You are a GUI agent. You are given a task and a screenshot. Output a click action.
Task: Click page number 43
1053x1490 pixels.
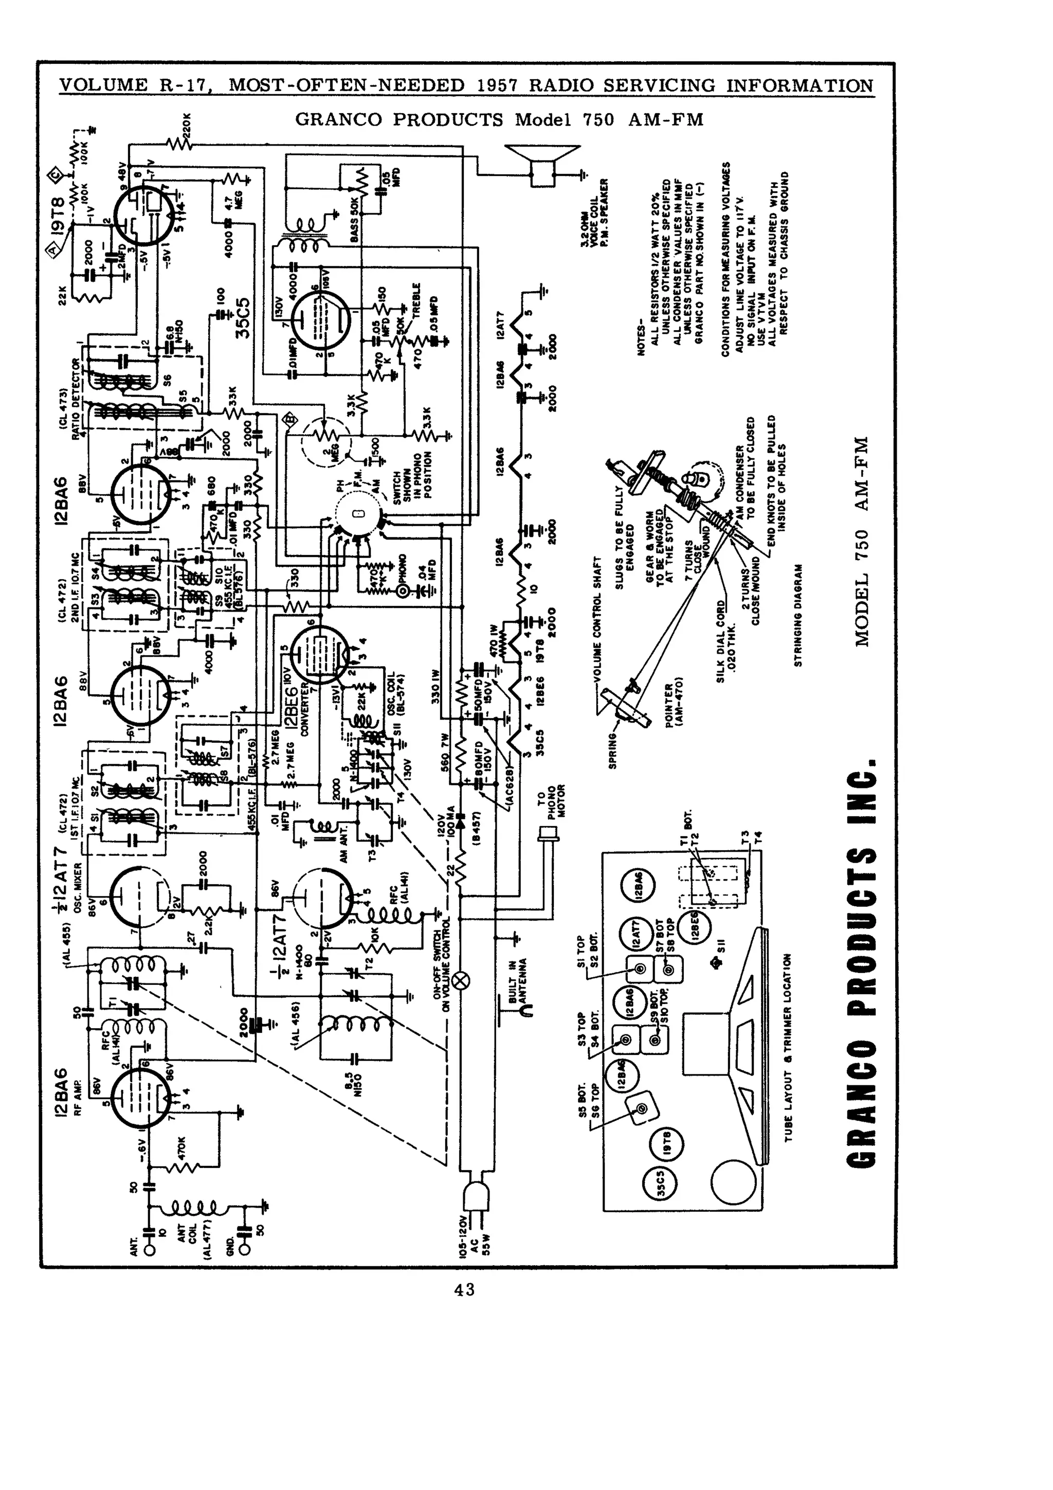[x=464, y=1289]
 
